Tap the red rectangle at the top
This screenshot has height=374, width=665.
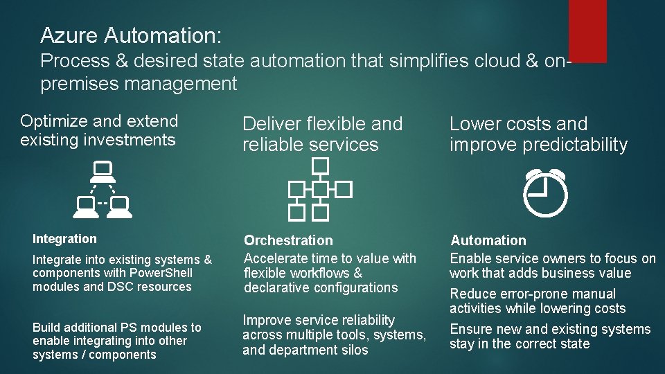[587, 30]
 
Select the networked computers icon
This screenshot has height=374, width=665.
[103, 186]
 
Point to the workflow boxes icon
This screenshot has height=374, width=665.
[320, 188]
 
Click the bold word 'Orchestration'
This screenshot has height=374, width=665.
[288, 240]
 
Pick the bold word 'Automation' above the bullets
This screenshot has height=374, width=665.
[488, 240]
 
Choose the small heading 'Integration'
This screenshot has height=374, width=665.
[64, 239]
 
